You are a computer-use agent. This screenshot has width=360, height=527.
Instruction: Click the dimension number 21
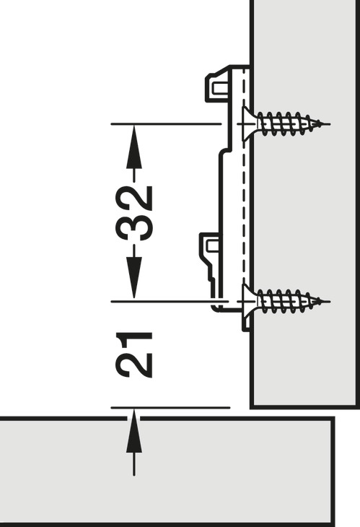(134, 354)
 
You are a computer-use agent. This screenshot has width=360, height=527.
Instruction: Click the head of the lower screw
(247, 300)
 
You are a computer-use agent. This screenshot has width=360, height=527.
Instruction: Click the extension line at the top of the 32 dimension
(166, 124)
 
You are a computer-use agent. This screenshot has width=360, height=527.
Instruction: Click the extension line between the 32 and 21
(166, 300)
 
